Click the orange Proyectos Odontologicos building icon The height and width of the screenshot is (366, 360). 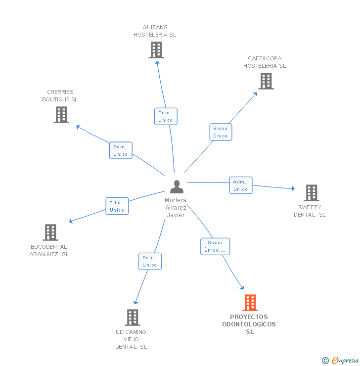[250, 303]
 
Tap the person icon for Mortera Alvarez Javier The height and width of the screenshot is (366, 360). [177, 187]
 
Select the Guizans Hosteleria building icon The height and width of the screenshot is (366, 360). [156, 50]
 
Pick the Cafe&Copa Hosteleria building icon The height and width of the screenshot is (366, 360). [266, 81]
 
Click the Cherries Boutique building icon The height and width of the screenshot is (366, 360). [61, 115]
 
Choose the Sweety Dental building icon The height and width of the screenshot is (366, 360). [311, 193]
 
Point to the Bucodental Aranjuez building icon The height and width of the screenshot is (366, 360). [50, 232]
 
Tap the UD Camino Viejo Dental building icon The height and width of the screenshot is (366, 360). [133, 318]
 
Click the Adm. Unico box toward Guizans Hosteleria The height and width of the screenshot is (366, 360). [166, 116]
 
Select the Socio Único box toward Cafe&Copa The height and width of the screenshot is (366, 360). [221, 132]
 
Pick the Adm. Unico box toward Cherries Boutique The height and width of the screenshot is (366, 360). [121, 150]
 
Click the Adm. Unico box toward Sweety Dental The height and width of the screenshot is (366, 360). [241, 185]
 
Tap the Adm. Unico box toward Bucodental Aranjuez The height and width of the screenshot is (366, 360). [117, 206]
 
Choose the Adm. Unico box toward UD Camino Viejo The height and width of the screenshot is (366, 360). [150, 261]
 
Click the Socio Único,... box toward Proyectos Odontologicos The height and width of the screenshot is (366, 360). [215, 246]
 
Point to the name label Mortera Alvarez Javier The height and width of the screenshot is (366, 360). [176, 208]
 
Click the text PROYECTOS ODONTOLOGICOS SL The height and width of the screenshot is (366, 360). [249, 324]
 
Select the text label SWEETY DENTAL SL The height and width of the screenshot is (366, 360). [310, 211]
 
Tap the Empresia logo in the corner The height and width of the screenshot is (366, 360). [341, 361]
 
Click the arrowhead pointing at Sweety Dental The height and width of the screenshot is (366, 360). [293, 188]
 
